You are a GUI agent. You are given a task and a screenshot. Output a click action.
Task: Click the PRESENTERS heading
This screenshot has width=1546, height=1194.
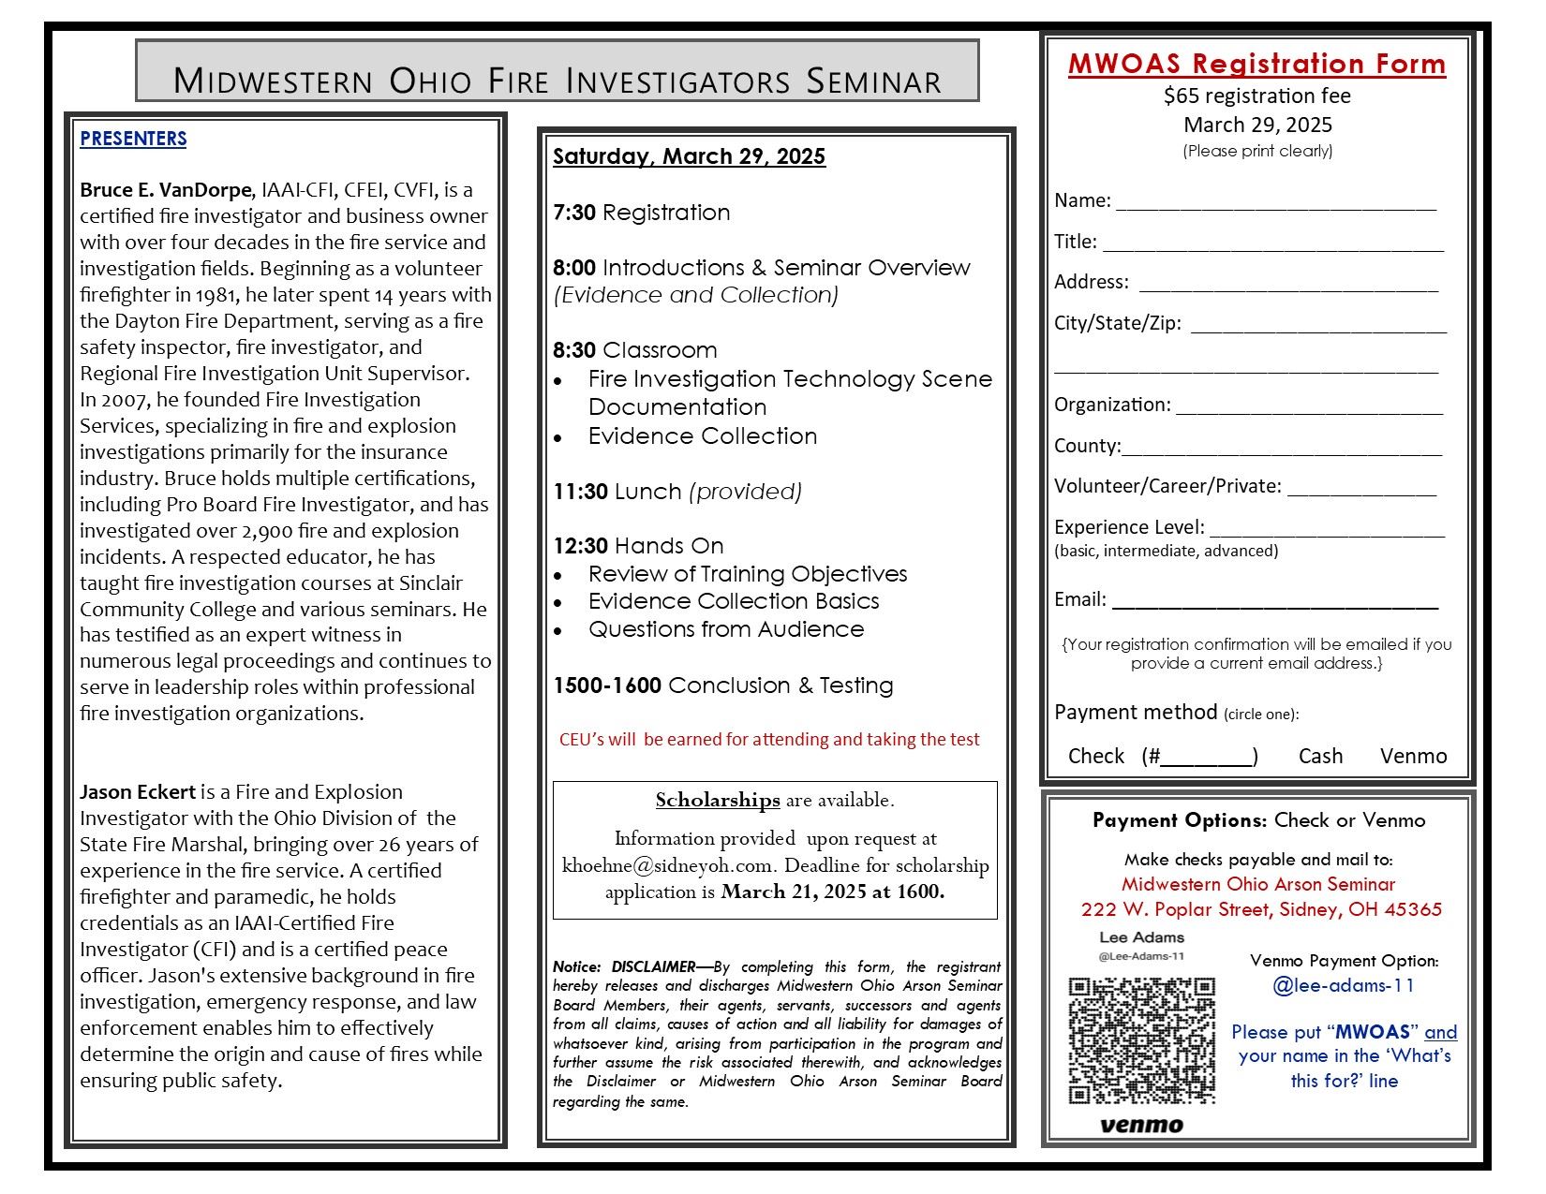(133, 139)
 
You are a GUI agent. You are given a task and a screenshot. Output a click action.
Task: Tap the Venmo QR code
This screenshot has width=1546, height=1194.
(1141, 1040)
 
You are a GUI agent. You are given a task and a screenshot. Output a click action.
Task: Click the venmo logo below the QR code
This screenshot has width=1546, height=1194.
(1140, 1124)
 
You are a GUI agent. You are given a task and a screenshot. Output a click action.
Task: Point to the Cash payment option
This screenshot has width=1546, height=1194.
(1320, 756)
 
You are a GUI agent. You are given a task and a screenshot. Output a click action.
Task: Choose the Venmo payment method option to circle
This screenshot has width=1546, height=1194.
(1413, 756)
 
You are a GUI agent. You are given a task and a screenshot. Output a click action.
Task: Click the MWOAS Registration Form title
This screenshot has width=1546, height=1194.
(1256, 64)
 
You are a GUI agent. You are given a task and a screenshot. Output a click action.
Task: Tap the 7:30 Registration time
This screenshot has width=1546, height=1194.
(574, 213)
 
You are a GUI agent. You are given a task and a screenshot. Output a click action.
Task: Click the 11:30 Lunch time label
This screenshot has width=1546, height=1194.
(580, 492)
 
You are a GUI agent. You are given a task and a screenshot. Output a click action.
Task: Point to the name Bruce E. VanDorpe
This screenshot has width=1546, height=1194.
(166, 190)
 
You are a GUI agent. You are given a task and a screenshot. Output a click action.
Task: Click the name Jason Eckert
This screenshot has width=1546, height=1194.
(138, 792)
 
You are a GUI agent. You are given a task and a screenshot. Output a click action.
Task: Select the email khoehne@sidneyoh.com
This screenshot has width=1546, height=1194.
(668, 865)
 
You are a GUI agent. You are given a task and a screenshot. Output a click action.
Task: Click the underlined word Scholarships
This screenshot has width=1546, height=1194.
(717, 800)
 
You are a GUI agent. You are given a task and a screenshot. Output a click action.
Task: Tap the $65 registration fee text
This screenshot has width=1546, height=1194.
(1256, 96)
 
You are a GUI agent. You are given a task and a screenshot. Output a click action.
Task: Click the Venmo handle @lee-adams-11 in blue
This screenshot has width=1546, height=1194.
(1343, 985)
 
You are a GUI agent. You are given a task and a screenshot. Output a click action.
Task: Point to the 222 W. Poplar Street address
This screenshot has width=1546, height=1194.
(1260, 909)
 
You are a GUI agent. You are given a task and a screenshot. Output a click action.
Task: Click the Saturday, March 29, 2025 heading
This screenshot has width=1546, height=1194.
(689, 156)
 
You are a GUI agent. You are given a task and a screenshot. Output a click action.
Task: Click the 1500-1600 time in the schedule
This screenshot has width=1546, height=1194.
(606, 685)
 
